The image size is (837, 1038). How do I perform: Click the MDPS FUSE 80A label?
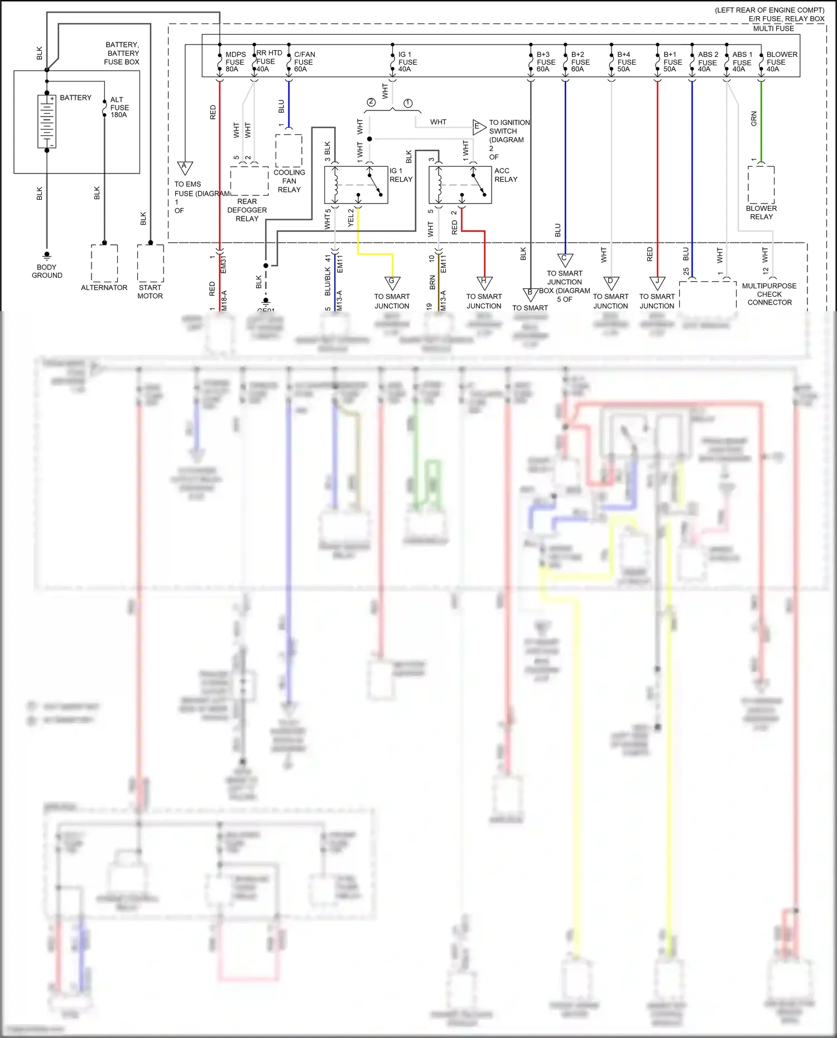[235, 62]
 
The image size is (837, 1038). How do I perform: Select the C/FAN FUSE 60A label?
[304, 62]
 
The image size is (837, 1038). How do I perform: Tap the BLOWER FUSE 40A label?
[781, 62]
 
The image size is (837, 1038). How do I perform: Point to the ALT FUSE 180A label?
[119, 107]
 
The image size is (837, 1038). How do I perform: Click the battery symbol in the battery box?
[47, 121]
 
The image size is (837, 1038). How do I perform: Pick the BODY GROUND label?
[47, 271]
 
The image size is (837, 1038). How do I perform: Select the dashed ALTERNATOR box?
[104, 263]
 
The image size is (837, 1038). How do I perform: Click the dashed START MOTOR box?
[150, 263]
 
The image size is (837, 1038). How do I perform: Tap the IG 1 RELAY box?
[356, 185]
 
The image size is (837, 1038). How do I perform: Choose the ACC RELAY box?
[460, 185]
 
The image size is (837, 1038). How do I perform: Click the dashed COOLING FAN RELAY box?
[288, 151]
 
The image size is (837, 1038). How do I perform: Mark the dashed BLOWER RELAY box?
[761, 185]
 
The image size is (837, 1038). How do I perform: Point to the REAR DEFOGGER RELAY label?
[247, 210]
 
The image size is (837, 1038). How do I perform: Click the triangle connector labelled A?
[185, 167]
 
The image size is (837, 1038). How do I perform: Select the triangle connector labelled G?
[392, 282]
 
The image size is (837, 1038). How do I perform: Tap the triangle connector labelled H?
[484, 282]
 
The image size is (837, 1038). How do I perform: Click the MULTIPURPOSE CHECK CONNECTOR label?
[769, 294]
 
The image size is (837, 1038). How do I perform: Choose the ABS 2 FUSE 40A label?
[708, 62]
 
